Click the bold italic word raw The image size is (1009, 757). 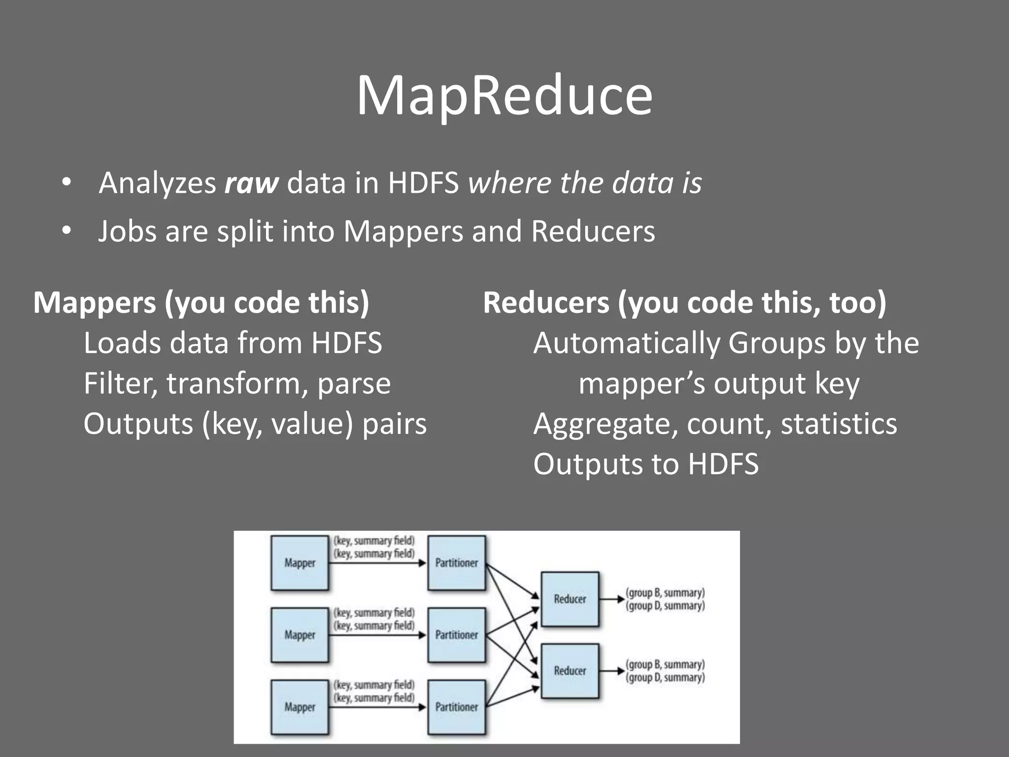[x=251, y=183]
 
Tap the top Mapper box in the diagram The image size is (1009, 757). [x=300, y=563]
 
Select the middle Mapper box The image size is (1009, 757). [x=300, y=635]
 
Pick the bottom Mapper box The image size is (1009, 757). [x=300, y=707]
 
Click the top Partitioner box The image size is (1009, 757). [x=456, y=563]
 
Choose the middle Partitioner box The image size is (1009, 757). [x=456, y=635]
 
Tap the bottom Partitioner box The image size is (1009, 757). [x=456, y=707]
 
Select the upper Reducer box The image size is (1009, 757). [x=570, y=599]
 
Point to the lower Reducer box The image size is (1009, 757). [x=570, y=671]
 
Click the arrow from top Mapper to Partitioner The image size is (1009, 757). [x=377, y=563]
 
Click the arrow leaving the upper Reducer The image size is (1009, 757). [x=612, y=599]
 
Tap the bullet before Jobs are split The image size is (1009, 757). [x=67, y=231]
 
